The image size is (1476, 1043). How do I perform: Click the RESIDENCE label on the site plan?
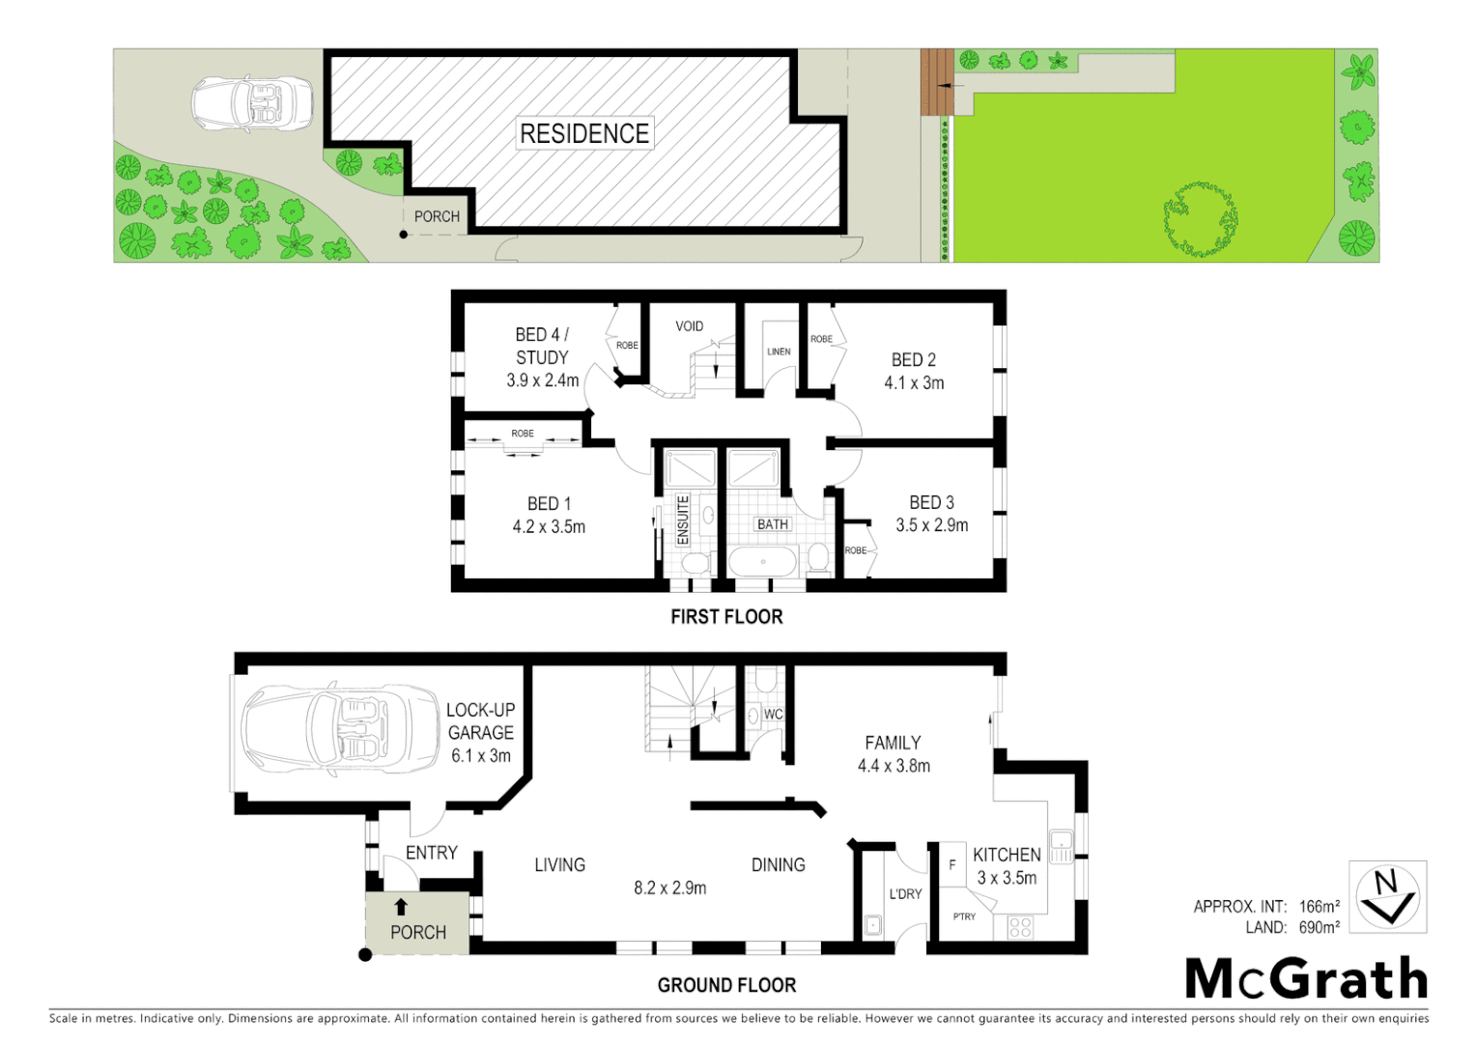[584, 133]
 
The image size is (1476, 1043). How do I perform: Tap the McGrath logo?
[1306, 979]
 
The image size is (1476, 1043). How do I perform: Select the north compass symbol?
[1388, 897]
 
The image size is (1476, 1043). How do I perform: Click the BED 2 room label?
[913, 359]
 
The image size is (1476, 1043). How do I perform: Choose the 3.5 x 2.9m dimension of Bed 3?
[931, 525]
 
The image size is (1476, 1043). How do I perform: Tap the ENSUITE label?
[683, 520]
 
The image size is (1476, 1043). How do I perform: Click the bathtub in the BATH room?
[763, 562]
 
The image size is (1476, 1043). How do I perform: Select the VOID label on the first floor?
[689, 326]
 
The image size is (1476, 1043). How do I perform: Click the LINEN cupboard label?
[779, 352]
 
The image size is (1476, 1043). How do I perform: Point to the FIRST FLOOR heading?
[726, 616]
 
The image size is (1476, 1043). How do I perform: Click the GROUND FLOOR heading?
[726, 985]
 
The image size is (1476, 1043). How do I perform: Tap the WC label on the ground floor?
[773, 715]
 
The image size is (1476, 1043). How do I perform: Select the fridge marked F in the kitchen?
[952, 865]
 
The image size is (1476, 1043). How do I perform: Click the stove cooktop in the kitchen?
[1020, 927]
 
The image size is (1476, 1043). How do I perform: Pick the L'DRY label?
[905, 894]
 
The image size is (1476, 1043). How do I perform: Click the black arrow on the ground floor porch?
[401, 907]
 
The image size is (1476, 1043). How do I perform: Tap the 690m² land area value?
[1319, 927]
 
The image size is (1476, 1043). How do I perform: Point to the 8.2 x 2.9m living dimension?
[669, 888]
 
